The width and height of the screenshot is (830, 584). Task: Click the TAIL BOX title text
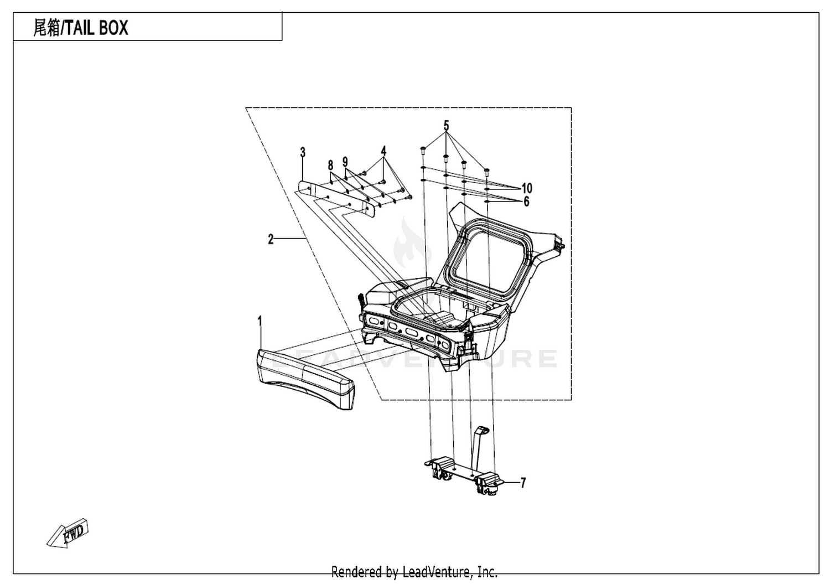tap(81, 28)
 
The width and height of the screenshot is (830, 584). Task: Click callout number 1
tap(260, 321)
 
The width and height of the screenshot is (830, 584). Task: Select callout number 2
tap(271, 239)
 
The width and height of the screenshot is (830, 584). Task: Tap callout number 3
tap(303, 152)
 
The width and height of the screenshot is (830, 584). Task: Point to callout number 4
tap(383, 151)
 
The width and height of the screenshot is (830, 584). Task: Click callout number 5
tap(447, 125)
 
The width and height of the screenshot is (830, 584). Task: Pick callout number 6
tap(526, 201)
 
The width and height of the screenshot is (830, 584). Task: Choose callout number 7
tap(523, 483)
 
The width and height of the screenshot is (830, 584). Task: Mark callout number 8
tap(330, 165)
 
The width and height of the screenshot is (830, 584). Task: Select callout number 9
tap(345, 162)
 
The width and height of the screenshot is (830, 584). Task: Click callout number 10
tap(526, 188)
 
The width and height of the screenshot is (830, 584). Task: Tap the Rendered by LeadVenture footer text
tap(414, 571)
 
